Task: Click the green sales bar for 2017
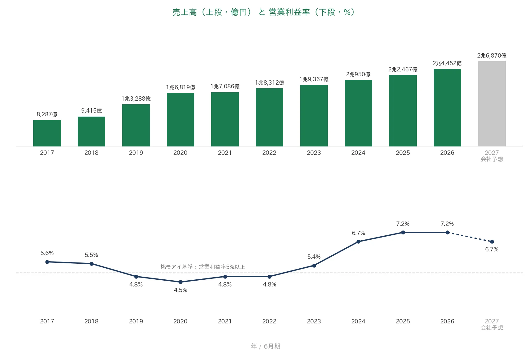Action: pos(47,133)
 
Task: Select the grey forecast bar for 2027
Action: pos(492,104)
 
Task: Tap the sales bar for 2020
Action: pos(180,120)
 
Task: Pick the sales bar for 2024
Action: pos(358,113)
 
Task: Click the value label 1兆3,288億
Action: pos(136,99)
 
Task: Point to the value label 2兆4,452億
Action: pos(447,63)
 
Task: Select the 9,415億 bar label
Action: pos(91,111)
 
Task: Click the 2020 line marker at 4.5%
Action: pos(180,282)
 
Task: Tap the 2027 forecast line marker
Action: pos(492,242)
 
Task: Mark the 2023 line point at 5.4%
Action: pos(314,266)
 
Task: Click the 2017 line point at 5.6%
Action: pos(47,262)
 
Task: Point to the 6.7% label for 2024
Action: pos(358,233)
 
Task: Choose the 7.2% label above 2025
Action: pos(403,224)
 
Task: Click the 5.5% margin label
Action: pos(91,255)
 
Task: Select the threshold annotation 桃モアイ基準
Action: pos(203,267)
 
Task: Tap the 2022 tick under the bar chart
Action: pos(269,153)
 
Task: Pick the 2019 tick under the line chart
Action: pos(136,322)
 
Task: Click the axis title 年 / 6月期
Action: pos(266,346)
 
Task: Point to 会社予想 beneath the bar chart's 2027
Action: pos(492,159)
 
